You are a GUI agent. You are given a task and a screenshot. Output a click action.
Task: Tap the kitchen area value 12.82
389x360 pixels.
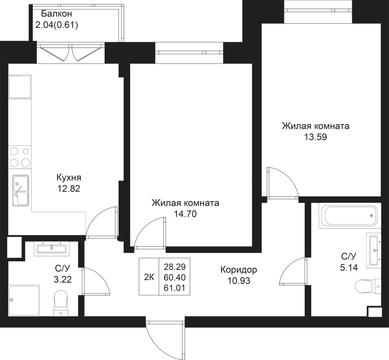tap(69, 188)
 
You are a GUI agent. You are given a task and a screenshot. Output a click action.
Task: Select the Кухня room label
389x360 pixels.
tap(69, 178)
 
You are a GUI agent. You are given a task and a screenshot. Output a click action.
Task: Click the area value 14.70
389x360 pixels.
tap(185, 213)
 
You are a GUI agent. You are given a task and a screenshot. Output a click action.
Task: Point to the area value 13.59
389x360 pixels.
tap(315, 138)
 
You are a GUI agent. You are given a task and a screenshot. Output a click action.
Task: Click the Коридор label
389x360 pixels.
tap(239, 270)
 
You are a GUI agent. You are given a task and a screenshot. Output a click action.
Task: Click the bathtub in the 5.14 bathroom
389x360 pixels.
tap(349, 214)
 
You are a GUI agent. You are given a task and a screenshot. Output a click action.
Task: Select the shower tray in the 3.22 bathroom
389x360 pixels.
tap(24, 300)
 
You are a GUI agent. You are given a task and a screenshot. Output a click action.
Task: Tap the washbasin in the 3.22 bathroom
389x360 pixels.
tap(51, 248)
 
